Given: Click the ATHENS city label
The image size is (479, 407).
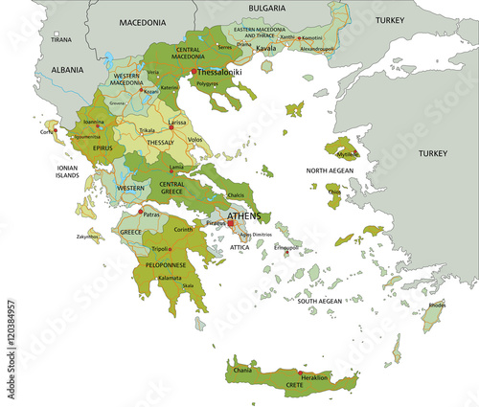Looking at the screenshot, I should click(x=244, y=216).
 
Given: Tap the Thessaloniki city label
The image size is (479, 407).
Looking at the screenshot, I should click(x=219, y=71).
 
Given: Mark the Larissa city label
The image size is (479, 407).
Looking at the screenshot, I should click(x=177, y=124).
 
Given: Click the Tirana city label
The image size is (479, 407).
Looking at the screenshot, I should click(x=60, y=40).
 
